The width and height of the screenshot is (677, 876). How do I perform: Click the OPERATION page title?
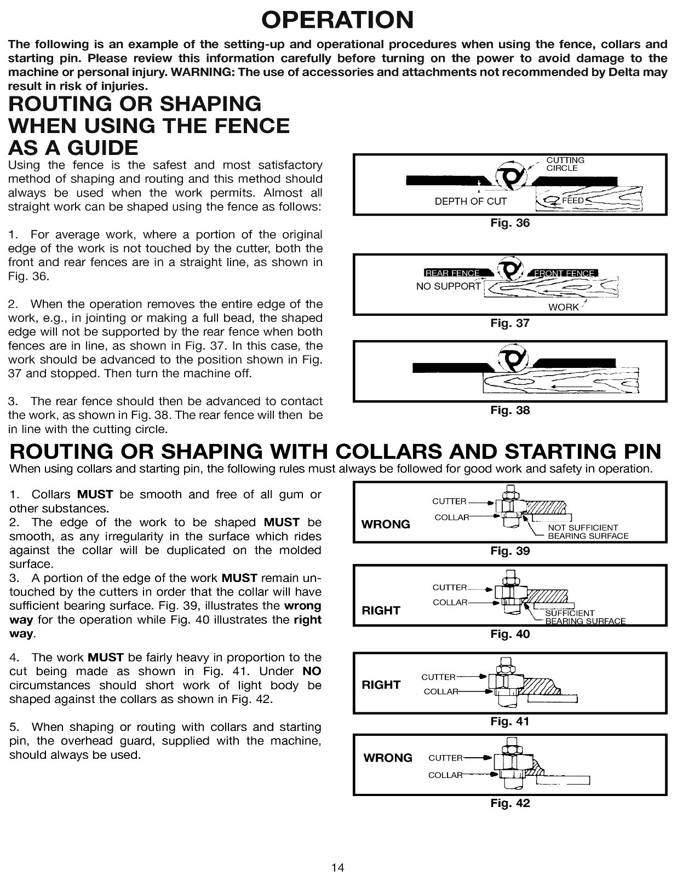pos(337,20)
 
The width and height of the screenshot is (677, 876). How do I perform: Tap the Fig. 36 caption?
pos(509,223)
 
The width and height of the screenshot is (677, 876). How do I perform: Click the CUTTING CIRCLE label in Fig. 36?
pos(565,164)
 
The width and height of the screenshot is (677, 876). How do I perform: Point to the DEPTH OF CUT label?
pos(471,201)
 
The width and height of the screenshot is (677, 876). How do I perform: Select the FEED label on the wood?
pos(572,200)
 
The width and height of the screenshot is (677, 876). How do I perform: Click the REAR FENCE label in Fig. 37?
pos(452,273)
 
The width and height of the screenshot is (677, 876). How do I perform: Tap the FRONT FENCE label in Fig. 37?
pos(564,273)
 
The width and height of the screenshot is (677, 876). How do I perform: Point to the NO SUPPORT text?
pos(448,286)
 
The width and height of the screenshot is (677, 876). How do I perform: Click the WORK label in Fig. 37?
pos(563,307)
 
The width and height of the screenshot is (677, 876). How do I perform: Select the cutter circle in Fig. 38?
pos(513,359)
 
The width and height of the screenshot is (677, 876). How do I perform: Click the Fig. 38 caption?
pos(509,410)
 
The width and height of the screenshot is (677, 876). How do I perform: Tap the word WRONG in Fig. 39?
pos(386,525)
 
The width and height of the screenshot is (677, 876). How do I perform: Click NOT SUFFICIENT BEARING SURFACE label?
pos(588,532)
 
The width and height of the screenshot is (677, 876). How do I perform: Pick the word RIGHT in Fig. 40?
pos(381,610)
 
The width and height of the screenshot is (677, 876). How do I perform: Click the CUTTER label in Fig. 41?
pos(438,677)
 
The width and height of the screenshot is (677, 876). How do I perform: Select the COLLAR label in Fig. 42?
pos(445,775)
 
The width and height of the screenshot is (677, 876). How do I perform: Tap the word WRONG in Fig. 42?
pos(388,758)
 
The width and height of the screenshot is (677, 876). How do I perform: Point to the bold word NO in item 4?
pos(312,671)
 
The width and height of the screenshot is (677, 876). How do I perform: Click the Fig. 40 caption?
pos(509,634)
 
